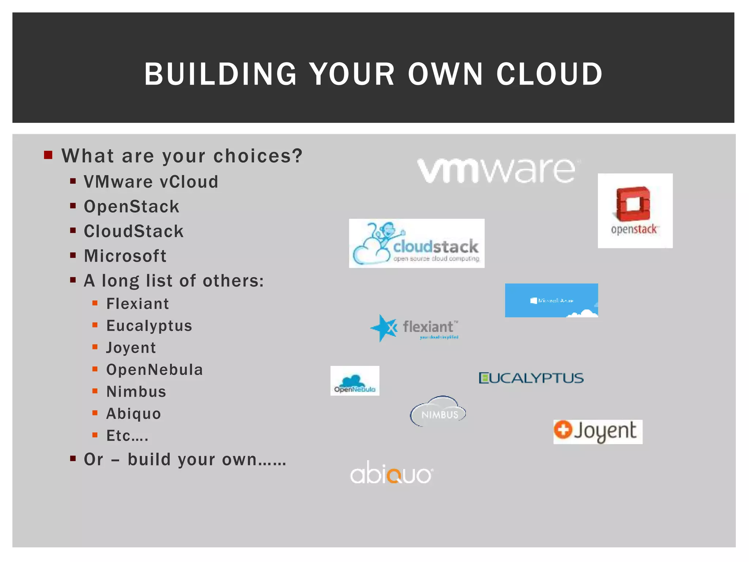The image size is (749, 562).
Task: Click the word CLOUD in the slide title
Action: tap(549, 74)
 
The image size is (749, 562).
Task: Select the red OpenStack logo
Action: tap(635, 211)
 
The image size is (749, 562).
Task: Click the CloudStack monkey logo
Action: tap(417, 243)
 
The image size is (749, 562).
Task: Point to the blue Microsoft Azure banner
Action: tap(551, 300)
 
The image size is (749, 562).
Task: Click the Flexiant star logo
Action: tap(414, 328)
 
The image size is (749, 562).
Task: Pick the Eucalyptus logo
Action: tap(531, 378)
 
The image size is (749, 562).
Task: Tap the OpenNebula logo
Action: tap(355, 381)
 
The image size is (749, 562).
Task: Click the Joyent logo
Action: tap(598, 432)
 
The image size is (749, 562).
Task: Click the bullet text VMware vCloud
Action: tap(151, 182)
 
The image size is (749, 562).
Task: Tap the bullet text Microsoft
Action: tap(125, 256)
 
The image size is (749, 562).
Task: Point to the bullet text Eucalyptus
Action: tap(149, 326)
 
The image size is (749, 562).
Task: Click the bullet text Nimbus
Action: tap(136, 391)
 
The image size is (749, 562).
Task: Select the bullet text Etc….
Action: tap(127, 435)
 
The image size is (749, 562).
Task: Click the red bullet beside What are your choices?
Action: tap(48, 155)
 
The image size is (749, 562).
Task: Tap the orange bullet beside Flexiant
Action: tap(95, 303)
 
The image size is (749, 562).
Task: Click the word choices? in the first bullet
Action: tap(258, 156)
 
